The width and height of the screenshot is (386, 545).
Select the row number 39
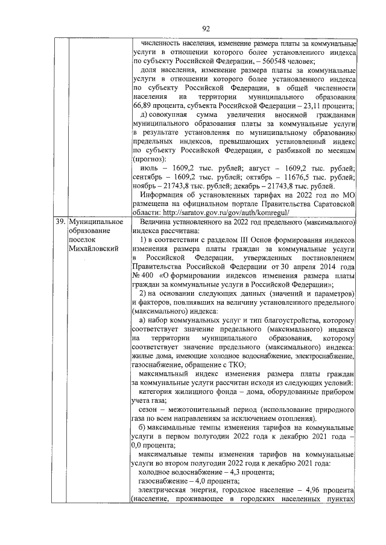point(60,222)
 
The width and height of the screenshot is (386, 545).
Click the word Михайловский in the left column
point(92,248)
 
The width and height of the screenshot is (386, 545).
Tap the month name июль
point(149,169)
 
